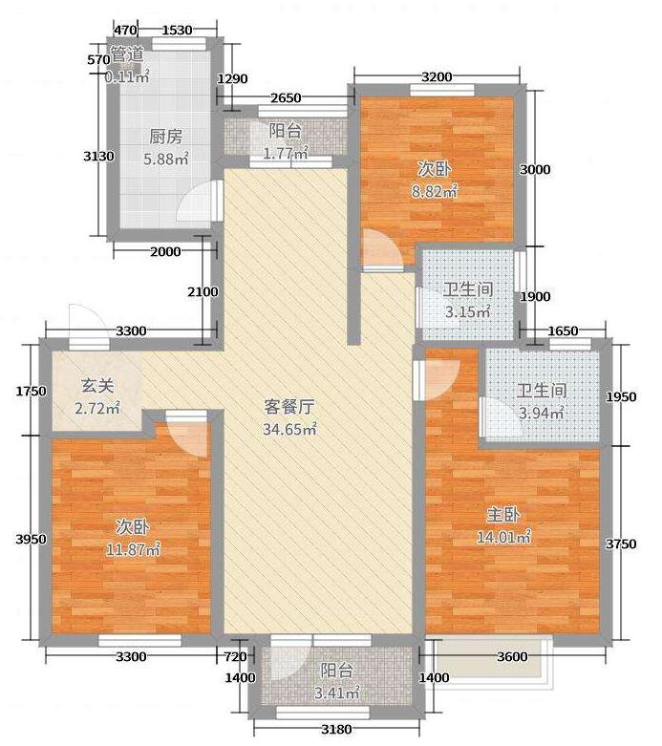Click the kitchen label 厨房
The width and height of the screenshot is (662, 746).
click(165, 137)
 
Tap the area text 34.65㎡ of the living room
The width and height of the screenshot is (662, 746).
click(289, 429)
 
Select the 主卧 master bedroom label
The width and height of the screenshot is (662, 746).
click(503, 515)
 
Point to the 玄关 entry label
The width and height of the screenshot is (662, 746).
click(97, 386)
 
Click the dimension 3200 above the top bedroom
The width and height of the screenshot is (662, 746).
click(437, 76)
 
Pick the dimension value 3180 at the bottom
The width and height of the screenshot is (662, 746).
click(336, 729)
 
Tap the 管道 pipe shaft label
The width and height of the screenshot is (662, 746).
click(127, 53)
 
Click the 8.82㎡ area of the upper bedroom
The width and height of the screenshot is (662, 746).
click(435, 191)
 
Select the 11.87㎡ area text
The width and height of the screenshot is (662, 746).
click(133, 550)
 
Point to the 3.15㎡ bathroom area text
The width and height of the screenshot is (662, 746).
click(468, 312)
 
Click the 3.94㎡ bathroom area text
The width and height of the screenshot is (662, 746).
click(542, 413)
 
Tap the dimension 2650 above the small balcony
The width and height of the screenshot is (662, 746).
click(286, 97)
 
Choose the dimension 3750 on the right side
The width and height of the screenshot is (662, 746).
click(621, 544)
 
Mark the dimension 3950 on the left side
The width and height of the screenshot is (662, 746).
click(31, 539)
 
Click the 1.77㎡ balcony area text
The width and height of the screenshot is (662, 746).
click(286, 154)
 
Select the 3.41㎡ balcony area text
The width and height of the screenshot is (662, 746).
click(336, 693)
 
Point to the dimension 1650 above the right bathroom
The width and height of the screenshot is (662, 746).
click(563, 330)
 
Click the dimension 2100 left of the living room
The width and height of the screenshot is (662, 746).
click(203, 291)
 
